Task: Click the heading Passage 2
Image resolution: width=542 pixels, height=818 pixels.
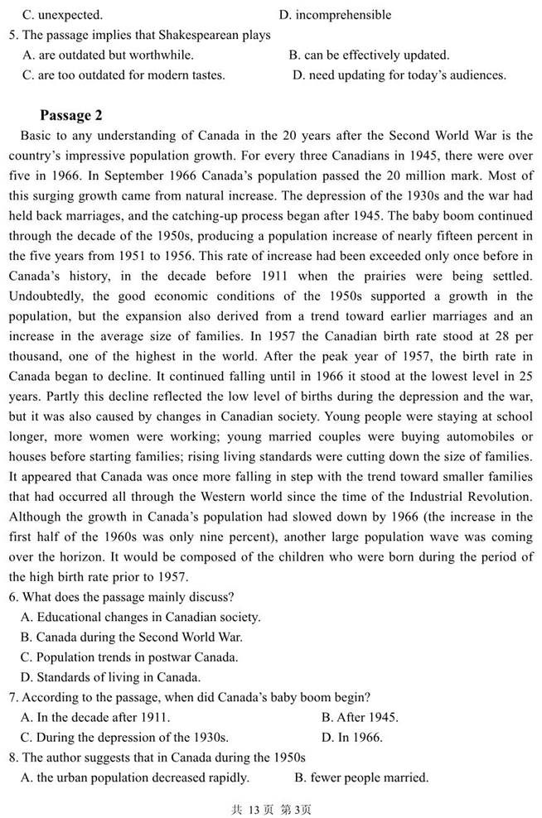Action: (70, 115)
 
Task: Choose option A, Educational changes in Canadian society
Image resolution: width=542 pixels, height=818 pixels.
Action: (140, 617)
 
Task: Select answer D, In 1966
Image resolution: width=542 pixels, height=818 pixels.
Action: (351, 737)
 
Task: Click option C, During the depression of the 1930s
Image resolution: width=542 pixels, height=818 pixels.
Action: (124, 737)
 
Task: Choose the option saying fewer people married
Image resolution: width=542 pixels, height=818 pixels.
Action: (361, 777)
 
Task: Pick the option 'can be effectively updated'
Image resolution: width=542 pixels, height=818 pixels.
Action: (369, 55)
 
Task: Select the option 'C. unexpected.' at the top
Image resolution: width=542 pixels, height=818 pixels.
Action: (62, 15)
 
